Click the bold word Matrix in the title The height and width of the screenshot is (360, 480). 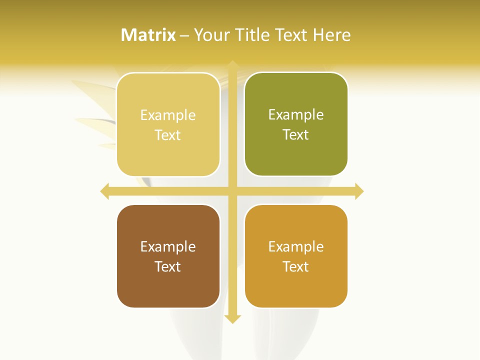click(148, 35)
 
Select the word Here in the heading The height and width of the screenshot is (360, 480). click(331, 35)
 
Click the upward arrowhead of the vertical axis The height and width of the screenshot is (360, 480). click(232, 64)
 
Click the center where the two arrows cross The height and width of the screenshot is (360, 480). click(232, 191)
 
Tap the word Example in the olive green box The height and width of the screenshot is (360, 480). click(296, 114)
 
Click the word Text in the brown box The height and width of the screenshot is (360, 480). click(168, 266)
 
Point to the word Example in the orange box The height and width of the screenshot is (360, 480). click(296, 246)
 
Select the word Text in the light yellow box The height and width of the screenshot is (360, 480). click(168, 135)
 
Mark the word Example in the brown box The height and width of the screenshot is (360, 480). click(168, 246)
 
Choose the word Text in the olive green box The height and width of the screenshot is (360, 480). click(296, 134)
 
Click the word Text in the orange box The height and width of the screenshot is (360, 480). click(296, 266)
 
